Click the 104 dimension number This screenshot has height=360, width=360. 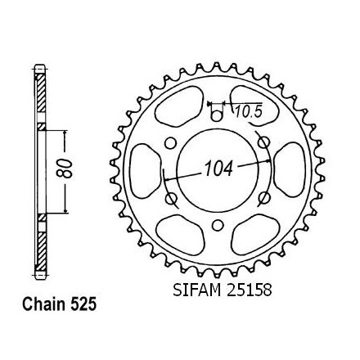pyautogui.click(x=219, y=169)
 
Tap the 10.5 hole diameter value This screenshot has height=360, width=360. pyautogui.click(x=248, y=112)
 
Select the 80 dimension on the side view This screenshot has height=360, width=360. pyautogui.click(x=65, y=169)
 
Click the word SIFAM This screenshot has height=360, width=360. pyautogui.click(x=197, y=290)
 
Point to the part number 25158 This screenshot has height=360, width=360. pyautogui.click(x=249, y=290)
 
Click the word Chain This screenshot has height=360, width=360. pyautogui.click(x=44, y=304)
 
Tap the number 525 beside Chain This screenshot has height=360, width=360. pyautogui.click(x=83, y=304)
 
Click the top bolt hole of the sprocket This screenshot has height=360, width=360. pyautogui.click(x=217, y=116)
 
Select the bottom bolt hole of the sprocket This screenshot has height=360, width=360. pyautogui.click(x=217, y=225)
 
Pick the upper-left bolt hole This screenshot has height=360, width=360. pyautogui.click(x=170, y=143)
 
